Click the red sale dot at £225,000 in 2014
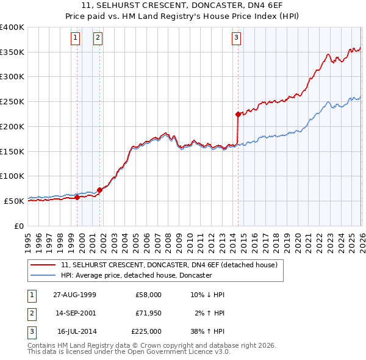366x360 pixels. (x=238, y=113)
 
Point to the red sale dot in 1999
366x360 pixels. (x=77, y=197)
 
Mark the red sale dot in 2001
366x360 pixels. (x=99, y=190)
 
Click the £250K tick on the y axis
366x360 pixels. (x=12, y=102)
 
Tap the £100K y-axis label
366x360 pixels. (x=12, y=176)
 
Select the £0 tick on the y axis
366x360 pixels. (x=18, y=226)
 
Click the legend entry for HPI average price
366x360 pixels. (x=135, y=275)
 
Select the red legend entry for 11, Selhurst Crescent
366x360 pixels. (x=169, y=265)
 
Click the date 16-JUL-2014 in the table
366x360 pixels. (x=76, y=331)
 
